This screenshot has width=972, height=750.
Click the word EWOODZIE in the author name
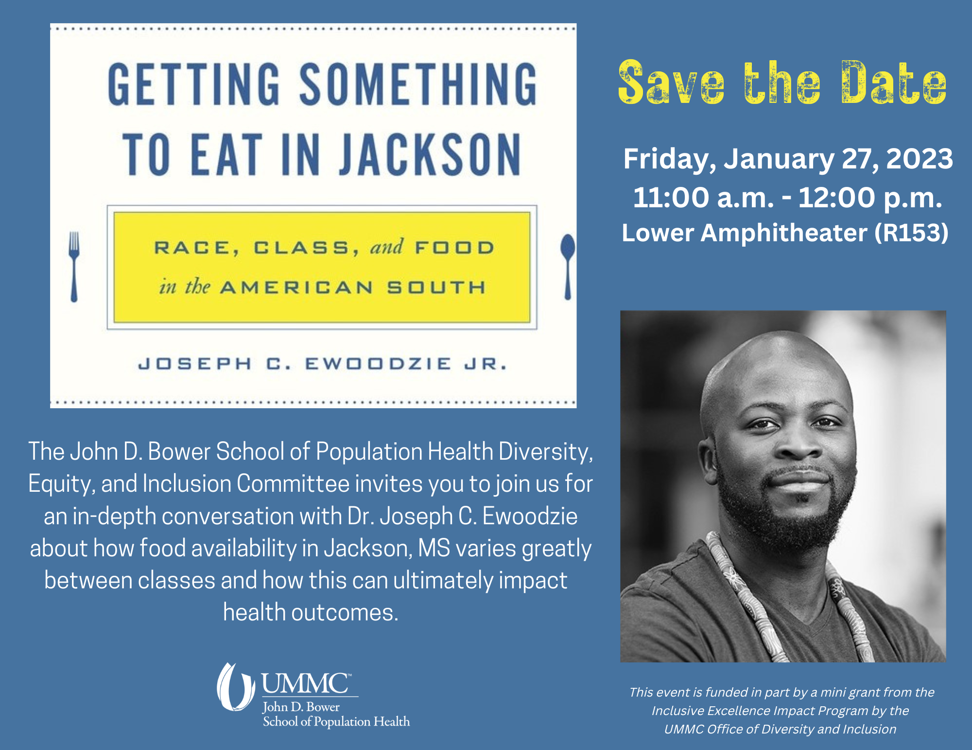[x=378, y=364]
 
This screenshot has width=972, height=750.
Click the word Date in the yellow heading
[x=894, y=82]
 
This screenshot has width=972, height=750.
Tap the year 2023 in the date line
[x=920, y=159]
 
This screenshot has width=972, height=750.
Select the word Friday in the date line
[x=670, y=160]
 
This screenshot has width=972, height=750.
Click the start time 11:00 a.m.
[x=703, y=198]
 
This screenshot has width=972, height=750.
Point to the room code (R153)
[x=911, y=233]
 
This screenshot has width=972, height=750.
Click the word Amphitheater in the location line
[x=784, y=233]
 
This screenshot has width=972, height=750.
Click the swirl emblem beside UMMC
[x=236, y=687]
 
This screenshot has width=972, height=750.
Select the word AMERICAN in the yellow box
[x=297, y=287]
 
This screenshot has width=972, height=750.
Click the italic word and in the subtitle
[x=386, y=247]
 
